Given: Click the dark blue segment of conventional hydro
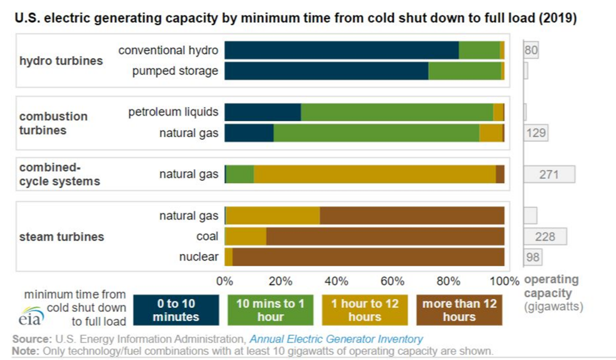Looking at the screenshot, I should [341, 51].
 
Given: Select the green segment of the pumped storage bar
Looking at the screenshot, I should [464, 71].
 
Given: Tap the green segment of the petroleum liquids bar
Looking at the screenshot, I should [397, 112].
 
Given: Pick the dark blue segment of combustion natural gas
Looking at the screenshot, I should [249, 133].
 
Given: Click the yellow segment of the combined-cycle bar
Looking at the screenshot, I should [374, 174].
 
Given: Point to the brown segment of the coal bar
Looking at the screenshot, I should [385, 236].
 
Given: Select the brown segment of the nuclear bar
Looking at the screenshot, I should [368, 257].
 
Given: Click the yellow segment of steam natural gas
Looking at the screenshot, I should [272, 215].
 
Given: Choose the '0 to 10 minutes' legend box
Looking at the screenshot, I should [176, 310].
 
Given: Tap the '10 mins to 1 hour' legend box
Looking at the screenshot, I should [270, 310].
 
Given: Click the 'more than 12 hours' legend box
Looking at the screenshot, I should [459, 310].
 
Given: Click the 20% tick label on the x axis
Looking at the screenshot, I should [280, 281].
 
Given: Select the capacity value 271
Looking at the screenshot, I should [548, 174].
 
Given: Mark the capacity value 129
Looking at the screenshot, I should [535, 133].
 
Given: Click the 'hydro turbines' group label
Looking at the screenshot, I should [61, 61].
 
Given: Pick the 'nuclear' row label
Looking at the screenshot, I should [198, 257].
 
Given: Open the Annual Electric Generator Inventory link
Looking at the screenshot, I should [336, 339].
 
